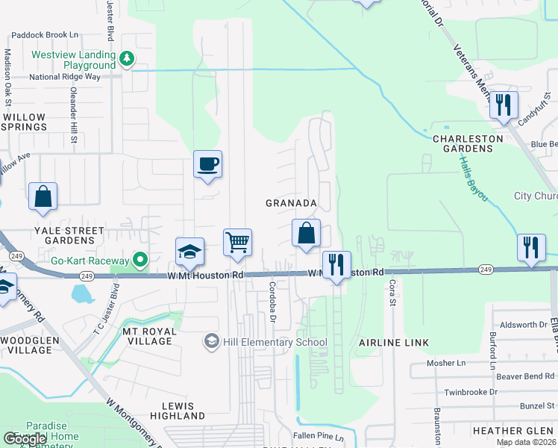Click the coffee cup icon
click(x=207, y=164)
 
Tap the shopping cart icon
click(x=237, y=242)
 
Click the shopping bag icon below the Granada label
click(x=306, y=233)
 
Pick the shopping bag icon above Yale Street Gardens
click(x=43, y=196)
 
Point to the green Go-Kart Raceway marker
click(x=139, y=260)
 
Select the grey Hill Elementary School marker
click(x=211, y=341)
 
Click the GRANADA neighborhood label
click(x=292, y=203)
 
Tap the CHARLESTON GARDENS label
click(x=463, y=143)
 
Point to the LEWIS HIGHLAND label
click(x=178, y=410)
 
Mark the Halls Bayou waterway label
click(x=474, y=179)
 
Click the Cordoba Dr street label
click(x=273, y=298)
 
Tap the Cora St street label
click(x=391, y=293)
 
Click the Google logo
click(x=24, y=439)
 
